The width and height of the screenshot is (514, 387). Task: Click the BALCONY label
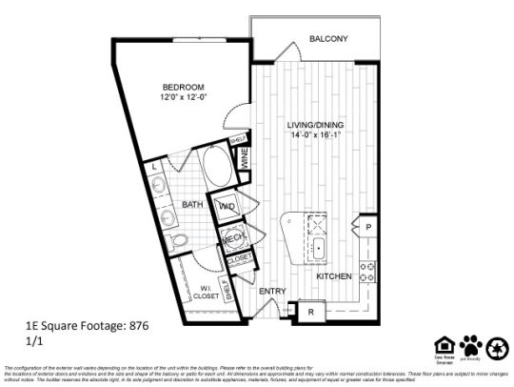pyautogui.click(x=328, y=39)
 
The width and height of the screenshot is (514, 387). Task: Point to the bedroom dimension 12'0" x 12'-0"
pyautogui.click(x=183, y=96)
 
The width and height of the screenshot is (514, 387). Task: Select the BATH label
pyautogui.click(x=194, y=205)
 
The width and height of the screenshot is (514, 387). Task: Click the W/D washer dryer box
pyautogui.click(x=228, y=206)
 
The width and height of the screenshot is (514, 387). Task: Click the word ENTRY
pyautogui.click(x=272, y=292)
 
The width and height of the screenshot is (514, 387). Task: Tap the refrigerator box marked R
pyautogui.click(x=308, y=311)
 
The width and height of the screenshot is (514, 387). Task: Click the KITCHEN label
pyautogui.click(x=334, y=276)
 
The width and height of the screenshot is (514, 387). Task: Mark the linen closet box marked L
pyautogui.click(x=155, y=167)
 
